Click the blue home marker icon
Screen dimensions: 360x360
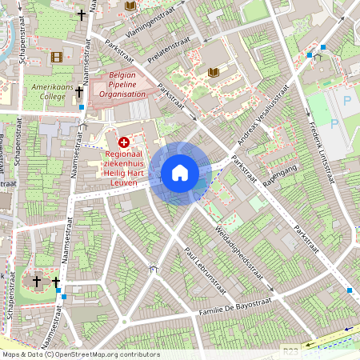coord(180,173)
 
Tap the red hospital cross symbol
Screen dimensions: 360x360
coord(123,142)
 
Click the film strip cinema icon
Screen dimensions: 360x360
coord(56,57)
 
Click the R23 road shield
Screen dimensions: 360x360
coord(290,350)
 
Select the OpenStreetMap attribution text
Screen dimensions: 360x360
coord(81,354)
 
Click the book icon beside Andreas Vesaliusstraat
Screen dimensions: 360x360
coord(213,73)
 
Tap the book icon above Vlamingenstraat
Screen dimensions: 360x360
coord(130,6)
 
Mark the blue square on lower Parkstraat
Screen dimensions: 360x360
coord(349,290)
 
